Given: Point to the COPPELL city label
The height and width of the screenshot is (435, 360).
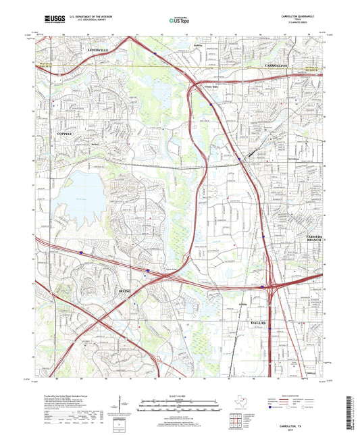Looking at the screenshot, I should pyautogui.click(x=61, y=135).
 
